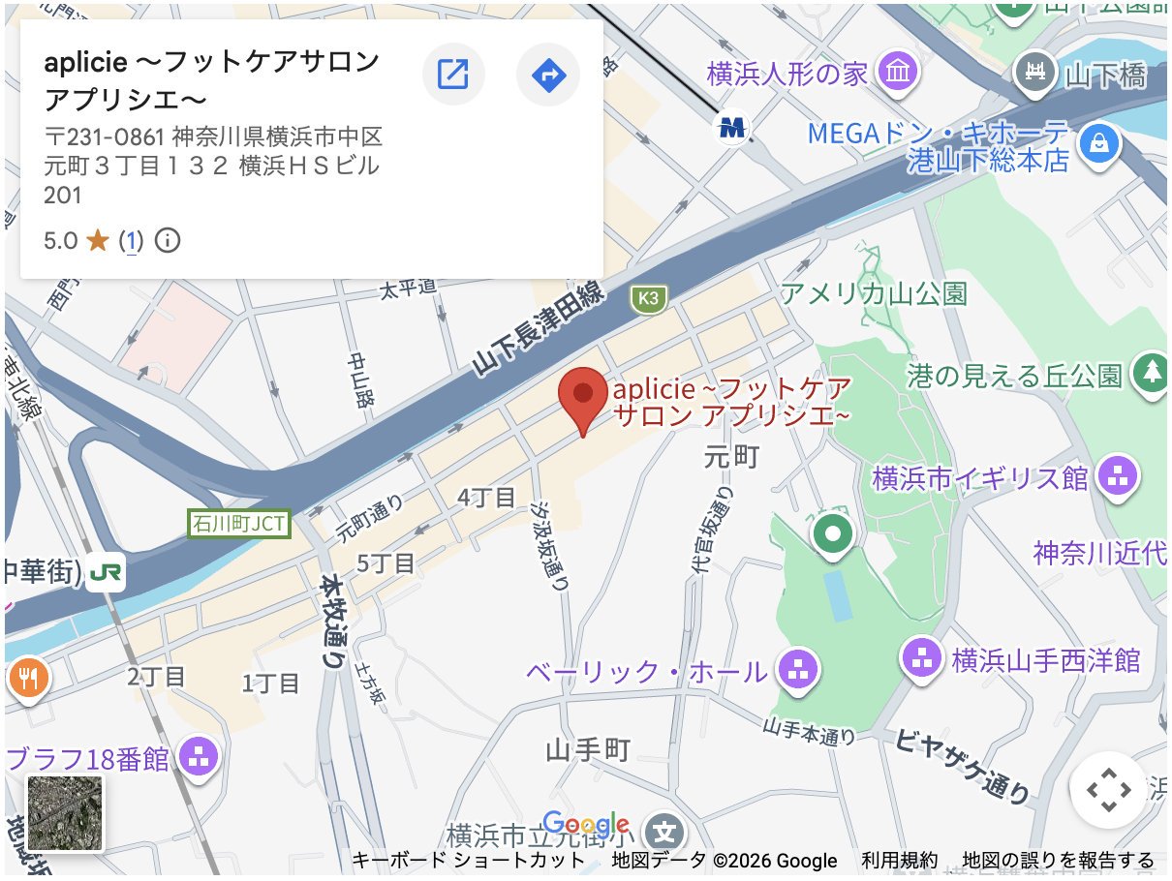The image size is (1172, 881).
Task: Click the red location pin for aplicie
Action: (x=583, y=397)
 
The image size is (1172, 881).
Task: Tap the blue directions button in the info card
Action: (x=548, y=73)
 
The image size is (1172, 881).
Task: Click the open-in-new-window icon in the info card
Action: (x=453, y=73)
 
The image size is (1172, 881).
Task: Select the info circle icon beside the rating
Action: (x=168, y=240)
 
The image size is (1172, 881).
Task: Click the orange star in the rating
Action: (x=97, y=240)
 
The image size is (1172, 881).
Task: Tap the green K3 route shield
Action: (x=648, y=299)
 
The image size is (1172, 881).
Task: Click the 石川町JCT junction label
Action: (x=238, y=525)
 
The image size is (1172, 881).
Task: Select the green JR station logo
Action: (x=105, y=572)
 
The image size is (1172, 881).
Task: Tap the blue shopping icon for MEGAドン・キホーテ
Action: (x=1098, y=143)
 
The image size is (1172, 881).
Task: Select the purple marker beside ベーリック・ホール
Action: (x=797, y=669)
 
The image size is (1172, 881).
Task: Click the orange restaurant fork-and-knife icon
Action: (x=26, y=679)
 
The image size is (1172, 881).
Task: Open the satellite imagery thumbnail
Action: (x=65, y=813)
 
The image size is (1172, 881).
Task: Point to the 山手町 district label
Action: (x=588, y=749)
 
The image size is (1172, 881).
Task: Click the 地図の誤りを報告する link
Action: (x=1058, y=860)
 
